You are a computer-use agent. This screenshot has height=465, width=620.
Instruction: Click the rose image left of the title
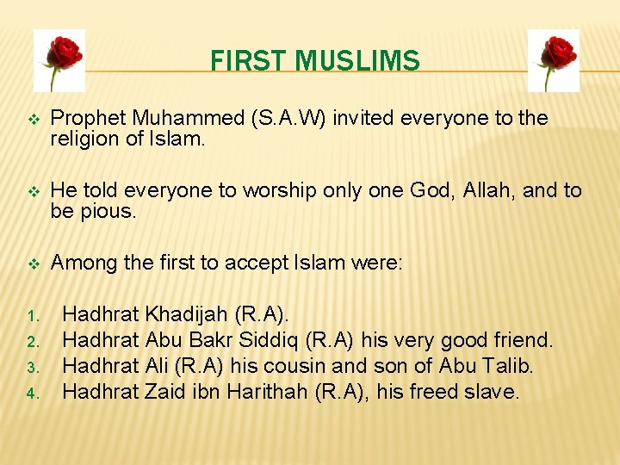pyautogui.click(x=59, y=59)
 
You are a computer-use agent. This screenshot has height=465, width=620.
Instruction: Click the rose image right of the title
pyautogui.click(x=552, y=59)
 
